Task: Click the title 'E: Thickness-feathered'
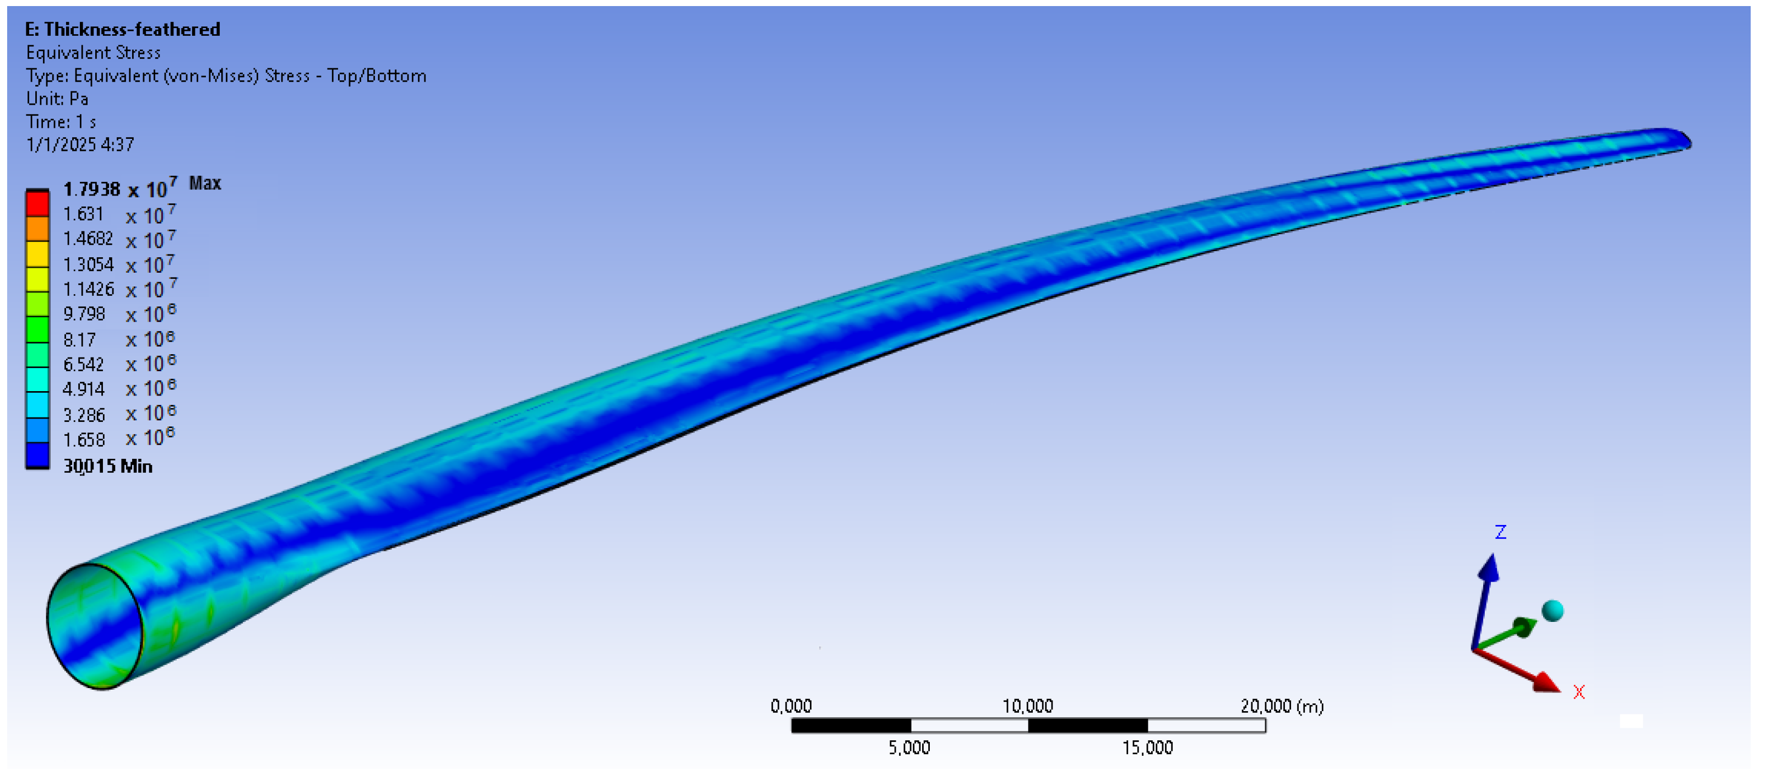click(x=123, y=30)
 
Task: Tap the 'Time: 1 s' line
click(x=61, y=122)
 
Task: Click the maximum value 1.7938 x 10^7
click(x=120, y=187)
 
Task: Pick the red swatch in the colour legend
click(x=37, y=204)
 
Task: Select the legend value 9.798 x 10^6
click(x=119, y=313)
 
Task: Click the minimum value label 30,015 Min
click(x=107, y=466)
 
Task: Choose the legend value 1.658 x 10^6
click(x=119, y=437)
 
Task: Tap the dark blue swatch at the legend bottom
click(x=37, y=455)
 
